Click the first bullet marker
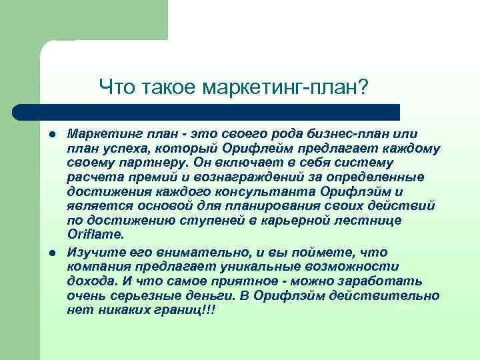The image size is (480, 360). (x=51, y=134)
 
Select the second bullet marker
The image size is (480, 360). (x=51, y=252)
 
